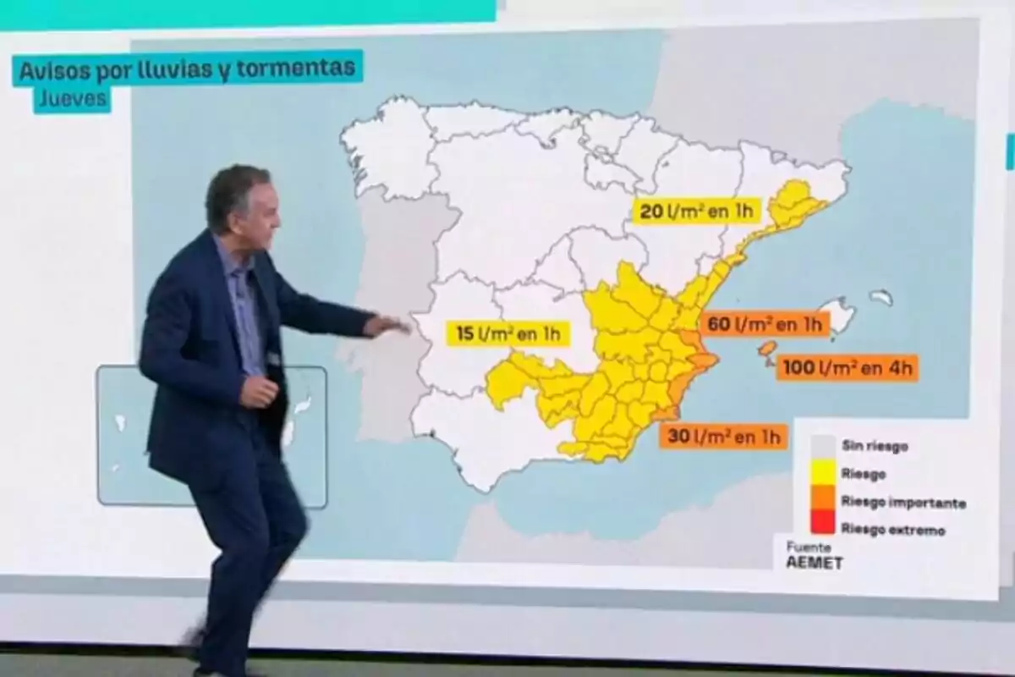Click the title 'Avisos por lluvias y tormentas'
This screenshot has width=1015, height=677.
187,69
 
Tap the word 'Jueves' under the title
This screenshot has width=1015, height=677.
72,100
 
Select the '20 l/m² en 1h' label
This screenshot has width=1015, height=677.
698,211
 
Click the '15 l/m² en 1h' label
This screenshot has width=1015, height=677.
507,333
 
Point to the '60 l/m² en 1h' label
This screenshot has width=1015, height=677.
765,323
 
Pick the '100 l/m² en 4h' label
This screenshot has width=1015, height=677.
847,368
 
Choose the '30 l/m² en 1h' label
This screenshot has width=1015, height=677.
723,437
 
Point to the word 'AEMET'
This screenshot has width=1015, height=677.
815,563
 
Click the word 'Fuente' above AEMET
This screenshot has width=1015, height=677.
809,547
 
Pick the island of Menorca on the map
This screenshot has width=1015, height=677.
881,297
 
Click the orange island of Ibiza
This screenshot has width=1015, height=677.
767,348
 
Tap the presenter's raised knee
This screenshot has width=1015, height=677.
283,529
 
